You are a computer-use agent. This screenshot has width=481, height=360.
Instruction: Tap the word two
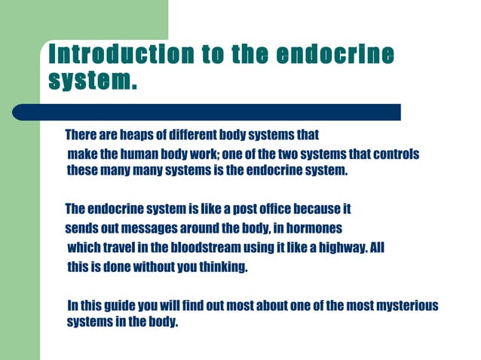tap(287, 154)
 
